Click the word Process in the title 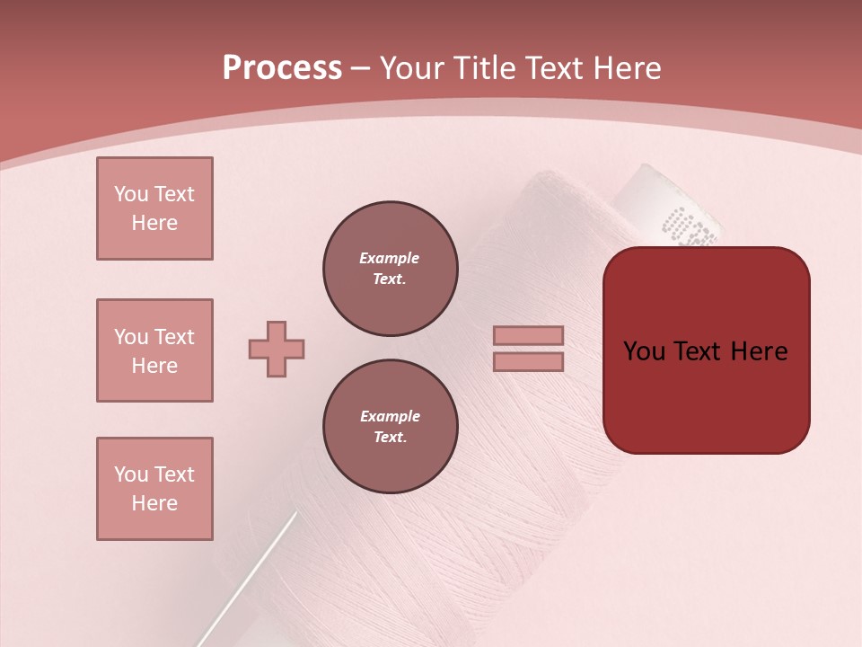click(x=282, y=68)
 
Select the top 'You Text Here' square click(x=154, y=208)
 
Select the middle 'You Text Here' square click(x=154, y=350)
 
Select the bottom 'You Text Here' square click(x=154, y=489)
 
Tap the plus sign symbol click(x=277, y=349)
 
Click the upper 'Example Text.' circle click(x=390, y=269)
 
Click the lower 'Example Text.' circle click(x=390, y=427)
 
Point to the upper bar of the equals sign click(x=528, y=336)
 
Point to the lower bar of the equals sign click(x=528, y=362)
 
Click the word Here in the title click(x=625, y=68)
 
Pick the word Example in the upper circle click(x=390, y=258)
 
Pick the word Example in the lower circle click(x=390, y=416)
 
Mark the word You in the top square click(x=131, y=194)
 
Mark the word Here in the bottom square click(x=154, y=503)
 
